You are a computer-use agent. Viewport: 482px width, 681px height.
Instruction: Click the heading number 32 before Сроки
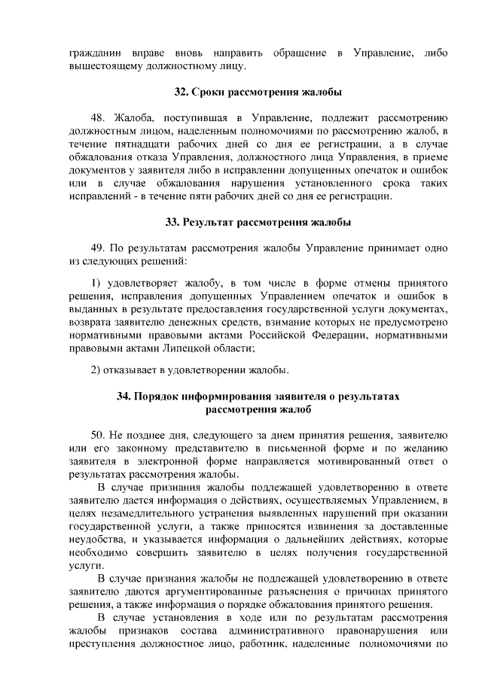tap(181, 93)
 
